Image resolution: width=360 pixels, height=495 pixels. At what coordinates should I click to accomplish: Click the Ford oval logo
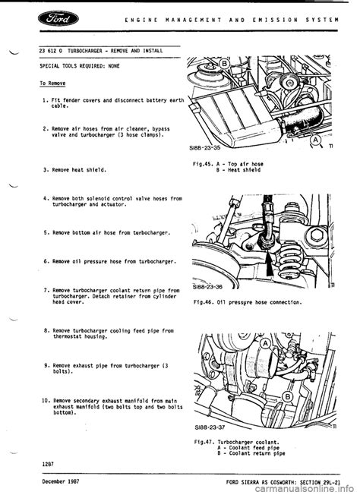pyautogui.click(x=58, y=19)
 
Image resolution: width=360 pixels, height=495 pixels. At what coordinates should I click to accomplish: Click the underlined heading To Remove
pyautogui.click(x=52, y=84)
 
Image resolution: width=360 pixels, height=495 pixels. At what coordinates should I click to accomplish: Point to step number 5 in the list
pyautogui.click(x=46, y=233)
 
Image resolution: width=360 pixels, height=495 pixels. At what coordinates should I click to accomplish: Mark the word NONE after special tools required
pyautogui.click(x=114, y=66)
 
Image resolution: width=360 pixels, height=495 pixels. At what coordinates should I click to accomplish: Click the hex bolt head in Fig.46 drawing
pyautogui.click(x=316, y=235)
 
